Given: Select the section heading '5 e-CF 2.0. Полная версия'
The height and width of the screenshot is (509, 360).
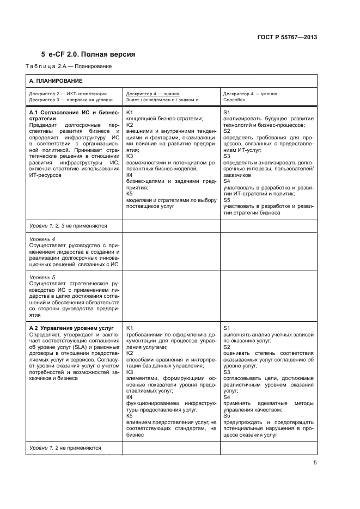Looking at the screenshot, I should coord(88,54).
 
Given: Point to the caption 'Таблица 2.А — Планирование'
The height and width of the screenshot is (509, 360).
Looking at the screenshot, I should coord(69,66).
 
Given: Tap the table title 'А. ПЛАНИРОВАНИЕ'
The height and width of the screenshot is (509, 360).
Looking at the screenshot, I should coord(56,81).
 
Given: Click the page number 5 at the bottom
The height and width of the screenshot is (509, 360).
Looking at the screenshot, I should coord(315,463).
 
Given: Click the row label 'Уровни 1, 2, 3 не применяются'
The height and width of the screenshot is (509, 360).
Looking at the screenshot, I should coord(68,225).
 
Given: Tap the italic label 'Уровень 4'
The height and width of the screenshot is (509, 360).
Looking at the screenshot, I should coord(42,239).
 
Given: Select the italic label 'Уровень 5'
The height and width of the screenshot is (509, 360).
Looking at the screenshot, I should coord(42,277).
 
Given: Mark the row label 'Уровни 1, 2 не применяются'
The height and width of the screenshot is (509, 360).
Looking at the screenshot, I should coord(65,447).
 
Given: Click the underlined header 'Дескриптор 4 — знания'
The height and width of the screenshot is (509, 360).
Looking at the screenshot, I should coord(153,94).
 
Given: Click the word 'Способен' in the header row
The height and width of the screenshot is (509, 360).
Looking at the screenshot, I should coord(234,100).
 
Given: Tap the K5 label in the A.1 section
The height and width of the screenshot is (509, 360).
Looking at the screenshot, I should coord(130,193).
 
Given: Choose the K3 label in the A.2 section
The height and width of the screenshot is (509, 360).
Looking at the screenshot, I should coord(130,372).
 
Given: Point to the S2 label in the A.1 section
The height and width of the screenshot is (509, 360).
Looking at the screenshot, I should coord(227,131).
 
